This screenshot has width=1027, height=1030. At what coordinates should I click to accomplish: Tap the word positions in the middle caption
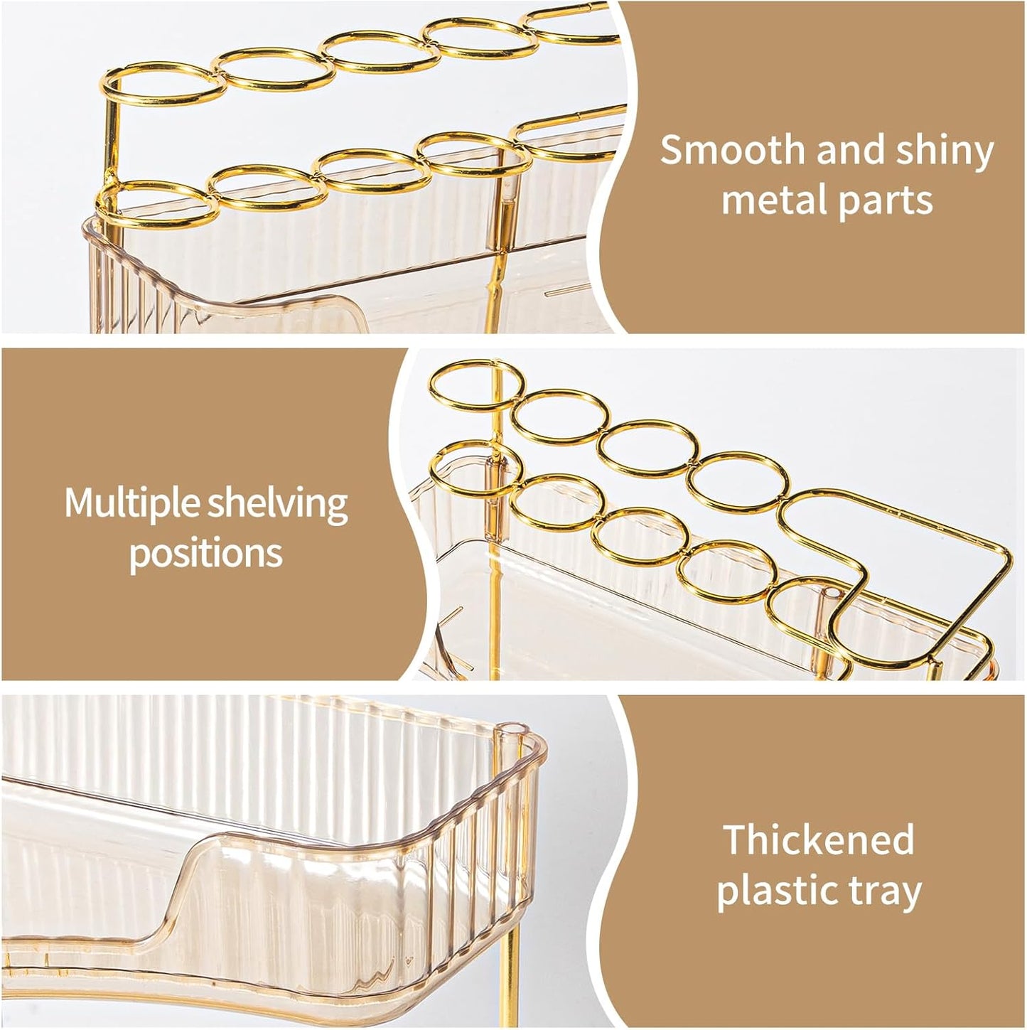(x=206, y=553)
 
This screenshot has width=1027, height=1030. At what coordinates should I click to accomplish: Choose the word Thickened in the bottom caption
(x=819, y=840)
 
